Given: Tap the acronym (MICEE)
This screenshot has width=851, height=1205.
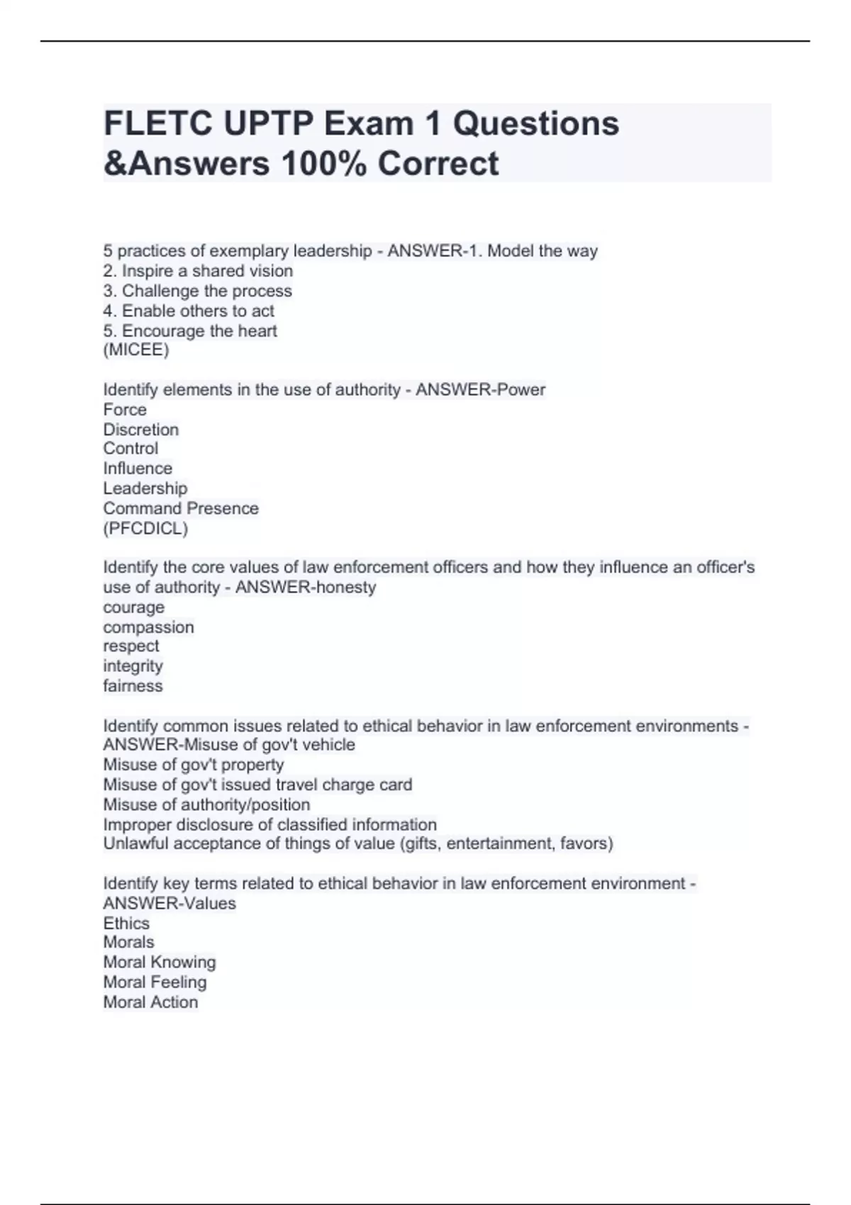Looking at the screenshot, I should tap(136, 350).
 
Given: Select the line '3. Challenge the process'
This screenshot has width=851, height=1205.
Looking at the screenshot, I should tap(197, 291).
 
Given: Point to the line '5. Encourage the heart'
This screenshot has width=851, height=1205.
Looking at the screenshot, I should tap(190, 331).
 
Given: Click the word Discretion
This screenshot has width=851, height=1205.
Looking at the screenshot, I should tap(140, 430).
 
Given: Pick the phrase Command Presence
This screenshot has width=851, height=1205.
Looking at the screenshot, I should tap(181, 508).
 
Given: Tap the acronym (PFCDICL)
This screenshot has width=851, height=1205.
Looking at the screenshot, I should tap(145, 528).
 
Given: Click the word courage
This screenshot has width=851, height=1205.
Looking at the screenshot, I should tap(133, 607).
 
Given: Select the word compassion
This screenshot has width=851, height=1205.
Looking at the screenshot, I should tap(148, 627).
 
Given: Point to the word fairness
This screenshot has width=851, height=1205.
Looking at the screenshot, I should tap(133, 686).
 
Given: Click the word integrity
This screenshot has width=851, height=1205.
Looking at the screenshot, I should tap(133, 666).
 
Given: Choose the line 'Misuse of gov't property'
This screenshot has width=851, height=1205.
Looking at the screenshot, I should tap(194, 765).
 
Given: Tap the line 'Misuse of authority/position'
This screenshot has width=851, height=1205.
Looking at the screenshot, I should tap(206, 805).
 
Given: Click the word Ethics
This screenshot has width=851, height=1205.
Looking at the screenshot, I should tap(126, 923).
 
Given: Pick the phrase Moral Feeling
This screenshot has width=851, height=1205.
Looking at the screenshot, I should tap(155, 982).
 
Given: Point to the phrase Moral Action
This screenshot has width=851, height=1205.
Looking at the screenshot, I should tap(150, 1002).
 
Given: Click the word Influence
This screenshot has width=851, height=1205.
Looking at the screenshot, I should tap(138, 469).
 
